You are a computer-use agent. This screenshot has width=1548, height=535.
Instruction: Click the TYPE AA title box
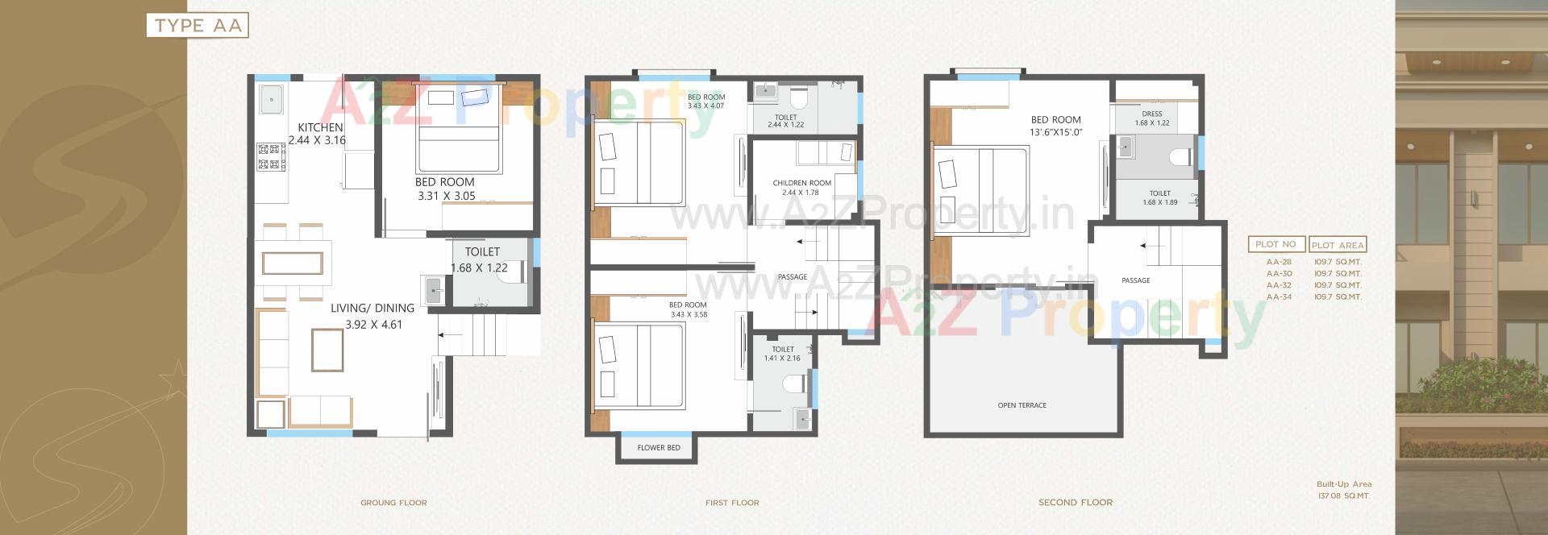(198, 26)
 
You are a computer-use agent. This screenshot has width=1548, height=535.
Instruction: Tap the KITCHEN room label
(320, 127)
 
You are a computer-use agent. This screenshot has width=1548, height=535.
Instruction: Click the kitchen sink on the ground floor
(270, 100)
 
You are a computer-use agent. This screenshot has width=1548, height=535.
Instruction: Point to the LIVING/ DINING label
(372, 308)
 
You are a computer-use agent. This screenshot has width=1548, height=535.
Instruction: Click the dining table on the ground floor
(292, 263)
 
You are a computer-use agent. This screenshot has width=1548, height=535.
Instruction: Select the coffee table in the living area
(327, 349)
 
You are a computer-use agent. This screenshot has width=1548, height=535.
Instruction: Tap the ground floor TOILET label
(482, 252)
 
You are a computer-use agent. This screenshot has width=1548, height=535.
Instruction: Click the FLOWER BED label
(659, 448)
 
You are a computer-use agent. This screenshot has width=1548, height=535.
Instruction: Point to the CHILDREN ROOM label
(801, 183)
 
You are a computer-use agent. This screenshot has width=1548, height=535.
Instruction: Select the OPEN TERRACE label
(1022, 405)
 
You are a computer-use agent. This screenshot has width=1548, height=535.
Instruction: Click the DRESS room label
(1151, 114)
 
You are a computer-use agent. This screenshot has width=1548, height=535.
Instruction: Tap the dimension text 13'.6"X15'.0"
(1055, 132)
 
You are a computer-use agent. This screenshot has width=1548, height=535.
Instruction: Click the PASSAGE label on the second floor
(1135, 280)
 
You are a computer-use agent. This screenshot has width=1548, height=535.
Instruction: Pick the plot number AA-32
(1279, 285)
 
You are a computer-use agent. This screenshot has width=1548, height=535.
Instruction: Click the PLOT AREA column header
(1338, 245)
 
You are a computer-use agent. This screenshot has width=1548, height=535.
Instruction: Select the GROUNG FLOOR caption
(393, 503)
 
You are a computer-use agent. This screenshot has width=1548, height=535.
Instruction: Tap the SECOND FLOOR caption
(1075, 503)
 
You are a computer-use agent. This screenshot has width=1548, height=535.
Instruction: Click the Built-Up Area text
(1344, 484)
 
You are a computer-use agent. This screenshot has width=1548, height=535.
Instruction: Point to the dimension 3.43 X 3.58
(689, 315)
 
